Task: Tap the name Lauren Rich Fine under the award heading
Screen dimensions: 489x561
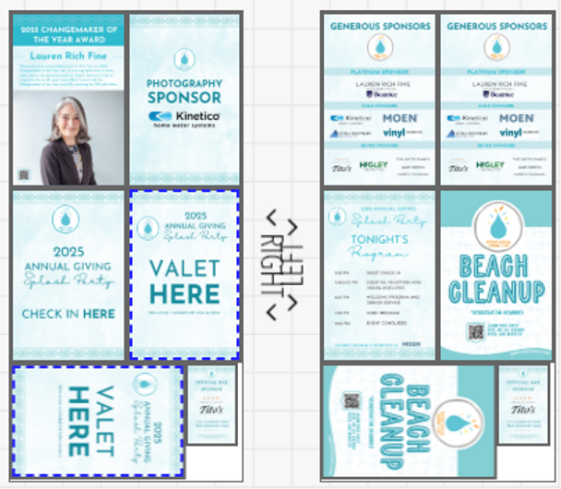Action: (67, 56)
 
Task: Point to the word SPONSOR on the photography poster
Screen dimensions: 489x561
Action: (185, 98)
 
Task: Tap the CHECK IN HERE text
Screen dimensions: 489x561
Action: (68, 314)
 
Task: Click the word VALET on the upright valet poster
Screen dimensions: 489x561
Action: (185, 269)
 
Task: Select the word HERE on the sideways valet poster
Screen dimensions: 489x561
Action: (79, 422)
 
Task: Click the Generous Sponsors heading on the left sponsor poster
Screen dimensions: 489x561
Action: (380, 27)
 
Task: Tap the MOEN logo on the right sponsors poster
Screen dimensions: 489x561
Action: (516, 118)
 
